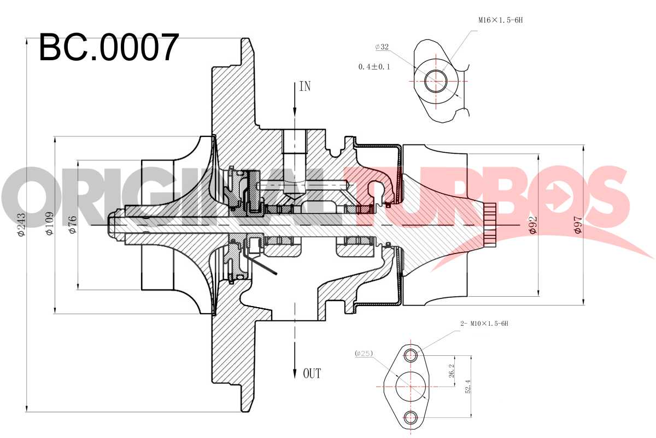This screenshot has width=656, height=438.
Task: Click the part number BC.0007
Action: tap(109, 48)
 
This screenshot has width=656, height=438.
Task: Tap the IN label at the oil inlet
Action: tap(304, 87)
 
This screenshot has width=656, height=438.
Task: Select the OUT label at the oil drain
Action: tap(312, 373)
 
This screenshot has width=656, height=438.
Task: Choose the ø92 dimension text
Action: tap(534, 225)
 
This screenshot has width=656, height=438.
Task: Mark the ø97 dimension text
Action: tap(578, 225)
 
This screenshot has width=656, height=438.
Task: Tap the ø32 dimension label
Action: tap(382, 47)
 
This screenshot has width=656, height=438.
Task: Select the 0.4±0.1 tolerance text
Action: tap(374, 67)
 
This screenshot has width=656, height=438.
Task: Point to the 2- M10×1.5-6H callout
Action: tap(484, 324)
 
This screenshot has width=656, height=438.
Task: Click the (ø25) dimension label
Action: tap(364, 354)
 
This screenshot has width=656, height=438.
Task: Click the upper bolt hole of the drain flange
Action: tap(410, 356)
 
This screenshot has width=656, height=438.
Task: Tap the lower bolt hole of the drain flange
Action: tap(410, 417)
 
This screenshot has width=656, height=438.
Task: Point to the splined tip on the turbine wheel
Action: tap(490, 225)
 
